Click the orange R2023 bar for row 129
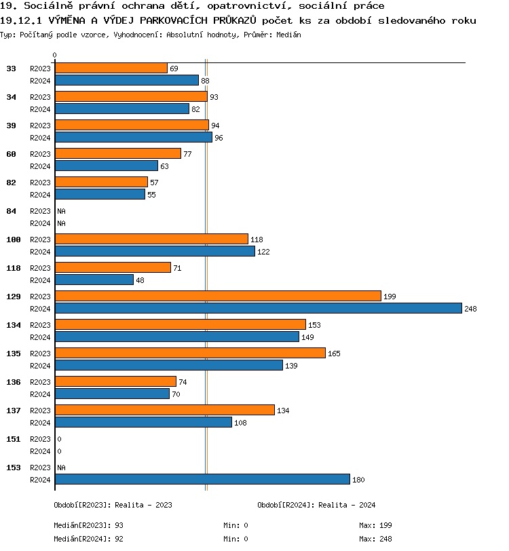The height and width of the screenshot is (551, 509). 218,296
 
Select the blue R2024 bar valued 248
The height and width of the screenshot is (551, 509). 258,308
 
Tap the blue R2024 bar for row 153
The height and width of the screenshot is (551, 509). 202,479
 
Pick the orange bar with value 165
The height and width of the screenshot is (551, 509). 190,353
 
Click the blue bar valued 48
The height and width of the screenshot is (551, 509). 94,280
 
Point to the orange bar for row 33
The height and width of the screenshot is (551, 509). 111,68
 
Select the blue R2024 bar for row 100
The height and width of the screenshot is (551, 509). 155,251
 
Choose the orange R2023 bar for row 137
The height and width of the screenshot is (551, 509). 165,410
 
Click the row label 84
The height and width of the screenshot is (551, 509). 12,211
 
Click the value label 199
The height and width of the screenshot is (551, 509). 390,297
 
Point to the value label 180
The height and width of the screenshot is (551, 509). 358,480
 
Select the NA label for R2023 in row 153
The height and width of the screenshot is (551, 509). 61,468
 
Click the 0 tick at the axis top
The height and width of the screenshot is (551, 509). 55,55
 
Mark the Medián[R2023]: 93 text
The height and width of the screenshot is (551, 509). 88,525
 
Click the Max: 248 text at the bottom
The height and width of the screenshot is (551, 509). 375,539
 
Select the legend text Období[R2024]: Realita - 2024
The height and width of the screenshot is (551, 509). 316,505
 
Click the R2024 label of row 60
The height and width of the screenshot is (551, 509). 41,166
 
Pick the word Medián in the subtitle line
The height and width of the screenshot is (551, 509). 288,34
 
